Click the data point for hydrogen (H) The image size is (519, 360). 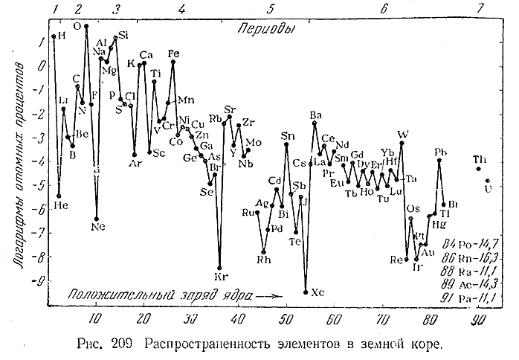54,36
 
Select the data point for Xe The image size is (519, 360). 306,292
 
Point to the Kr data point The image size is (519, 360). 219,268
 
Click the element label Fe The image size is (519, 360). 173,54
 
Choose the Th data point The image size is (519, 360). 479,170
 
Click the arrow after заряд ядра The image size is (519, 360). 273,295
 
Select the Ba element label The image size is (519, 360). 316,115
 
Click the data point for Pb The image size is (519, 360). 439,160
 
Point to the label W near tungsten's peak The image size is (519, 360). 402,134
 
